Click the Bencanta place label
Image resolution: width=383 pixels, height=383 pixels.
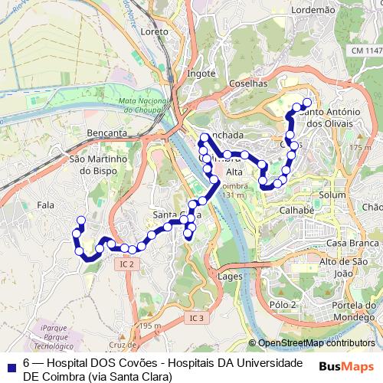pyautogui.click(x=108, y=133)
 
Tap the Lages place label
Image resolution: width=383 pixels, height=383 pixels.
pyautogui.click(x=231, y=276)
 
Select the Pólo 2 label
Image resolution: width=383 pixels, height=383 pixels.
pyautogui.click(x=283, y=304)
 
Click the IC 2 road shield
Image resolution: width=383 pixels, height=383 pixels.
pyautogui.click(x=127, y=264)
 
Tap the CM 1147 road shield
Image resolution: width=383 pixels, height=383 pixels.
pyautogui.click(x=362, y=51)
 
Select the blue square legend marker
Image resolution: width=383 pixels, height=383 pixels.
pyautogui.click(x=9, y=365)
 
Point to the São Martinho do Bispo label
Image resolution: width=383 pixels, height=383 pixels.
pyautogui.click(x=97, y=165)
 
